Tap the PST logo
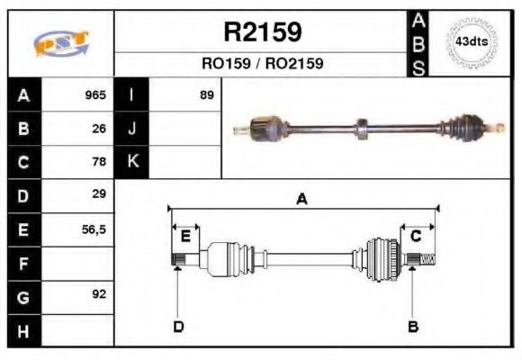(60, 43)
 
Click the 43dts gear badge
(470, 42)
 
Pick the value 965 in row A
(95, 95)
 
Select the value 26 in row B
(99, 129)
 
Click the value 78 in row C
(99, 162)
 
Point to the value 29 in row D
(99, 194)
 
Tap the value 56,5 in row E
(94, 229)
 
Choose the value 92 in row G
(99, 295)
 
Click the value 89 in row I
(207, 95)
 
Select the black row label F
(22, 264)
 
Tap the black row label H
(22, 330)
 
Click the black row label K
(132, 162)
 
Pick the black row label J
(132, 129)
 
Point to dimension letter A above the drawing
(302, 199)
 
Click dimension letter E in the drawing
(184, 236)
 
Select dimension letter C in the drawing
(416, 236)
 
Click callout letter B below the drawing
(412, 326)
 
